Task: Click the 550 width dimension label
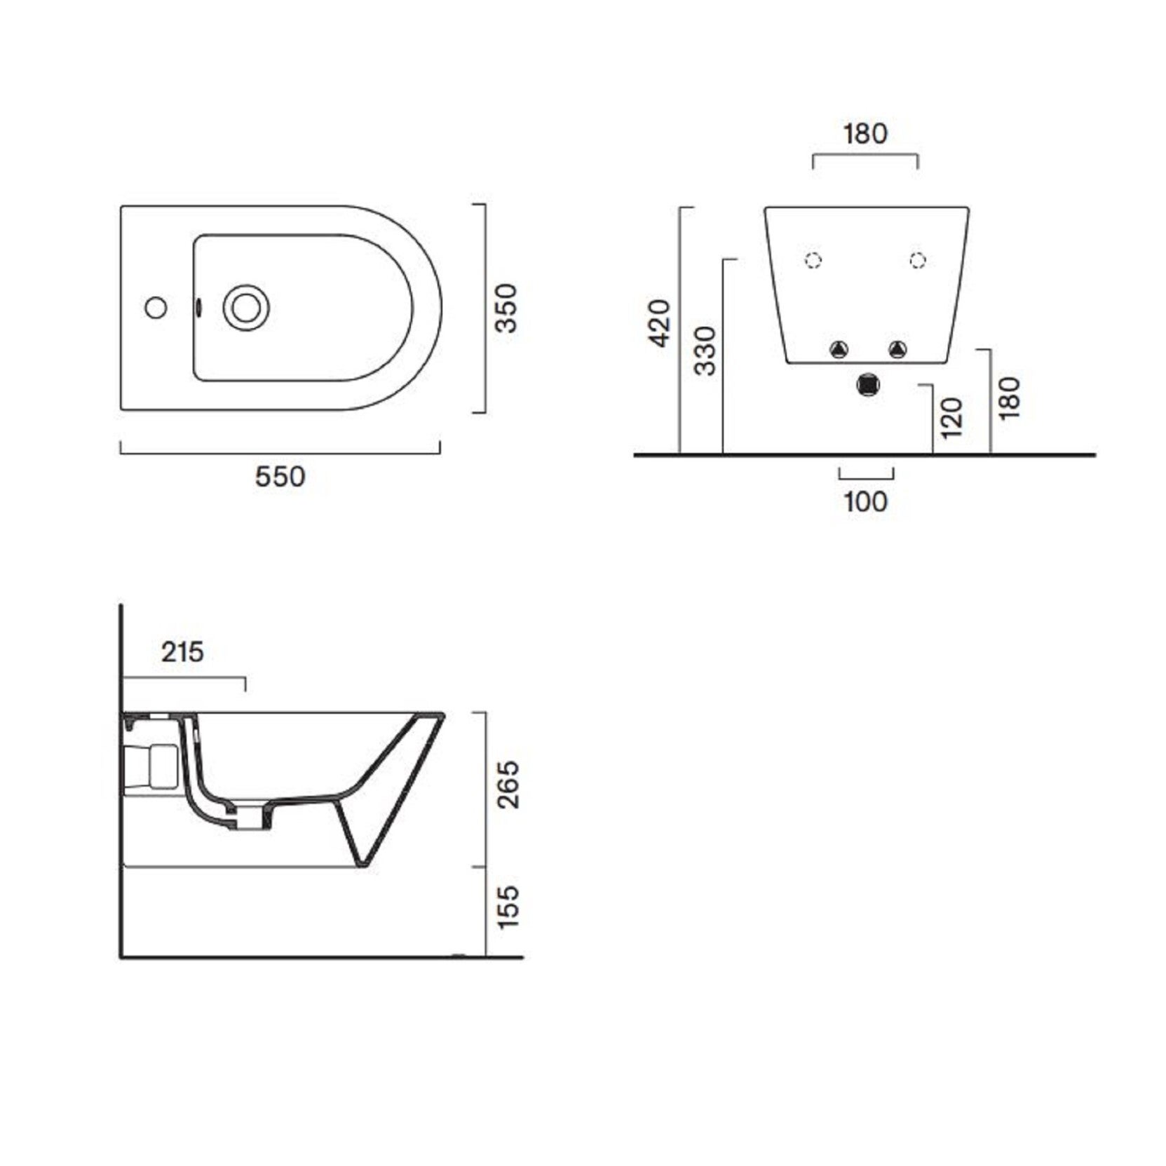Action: point(280,477)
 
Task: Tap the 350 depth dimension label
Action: point(506,308)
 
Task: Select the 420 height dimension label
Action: point(660,323)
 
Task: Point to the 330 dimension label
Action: point(706,351)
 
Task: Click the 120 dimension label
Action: point(951,418)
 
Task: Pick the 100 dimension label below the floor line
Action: point(866,502)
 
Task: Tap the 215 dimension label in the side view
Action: point(182,652)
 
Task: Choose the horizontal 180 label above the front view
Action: point(865,133)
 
